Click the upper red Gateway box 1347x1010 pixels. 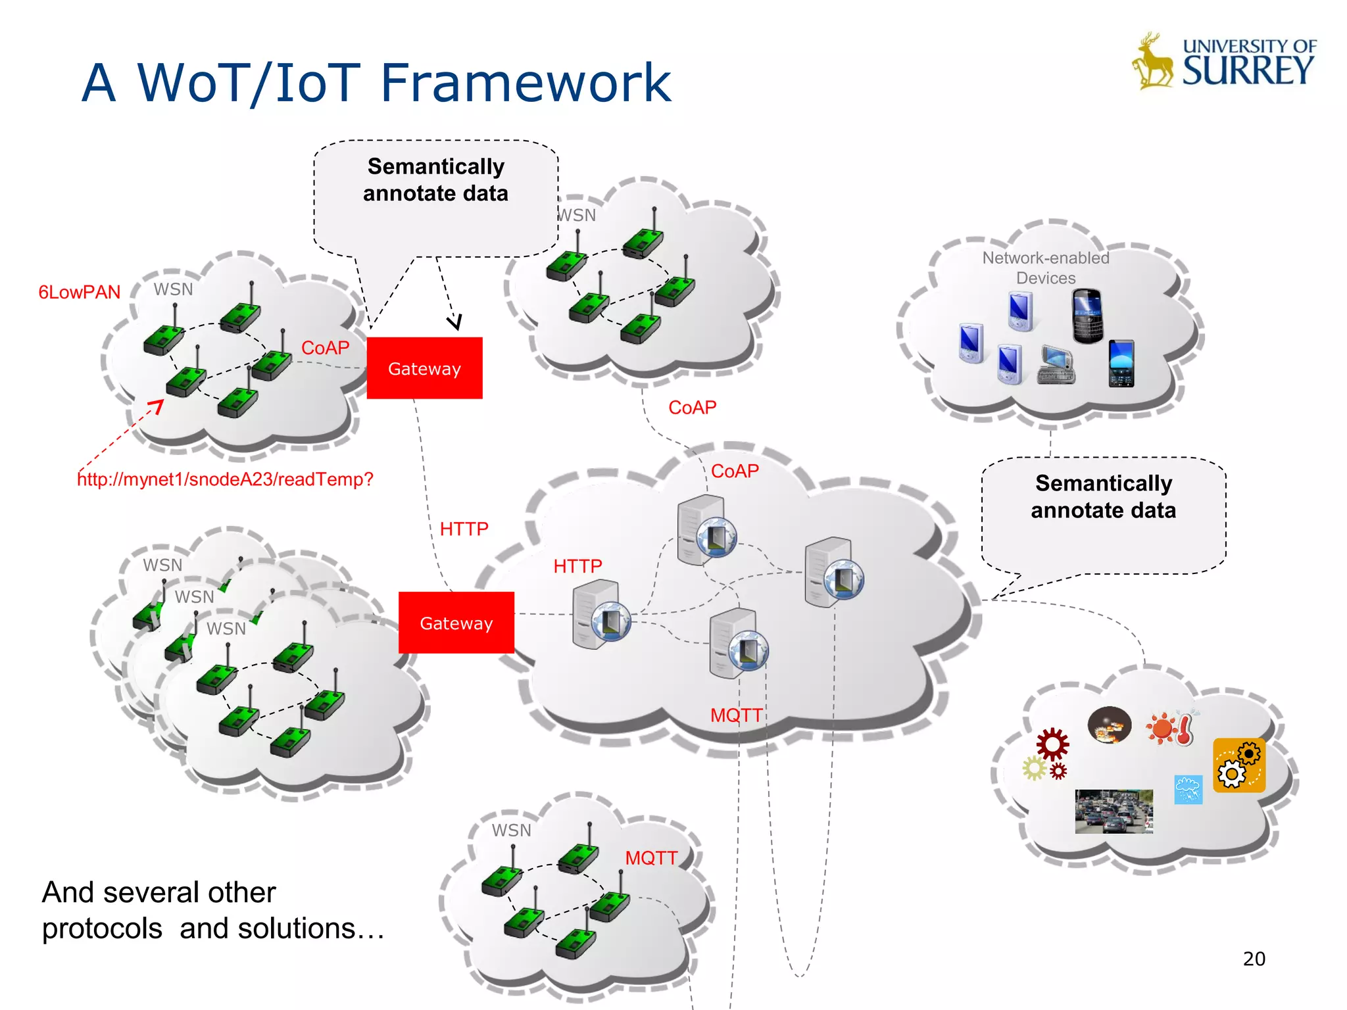click(424, 368)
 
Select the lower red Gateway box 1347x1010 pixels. click(456, 623)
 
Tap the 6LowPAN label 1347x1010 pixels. click(80, 292)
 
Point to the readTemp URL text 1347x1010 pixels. click(225, 479)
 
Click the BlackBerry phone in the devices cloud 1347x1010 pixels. click(1087, 316)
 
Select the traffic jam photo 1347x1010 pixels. click(1114, 811)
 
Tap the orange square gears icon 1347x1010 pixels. click(1239, 765)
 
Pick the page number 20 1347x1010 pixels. click(1254, 959)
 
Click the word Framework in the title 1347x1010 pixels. click(526, 83)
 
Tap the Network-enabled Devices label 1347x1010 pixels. click(1046, 268)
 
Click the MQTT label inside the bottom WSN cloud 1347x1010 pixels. click(650, 858)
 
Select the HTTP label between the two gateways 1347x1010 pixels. click(464, 529)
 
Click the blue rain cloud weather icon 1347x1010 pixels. click(1188, 789)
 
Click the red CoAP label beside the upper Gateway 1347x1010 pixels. click(325, 348)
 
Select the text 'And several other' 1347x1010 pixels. click(159, 892)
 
